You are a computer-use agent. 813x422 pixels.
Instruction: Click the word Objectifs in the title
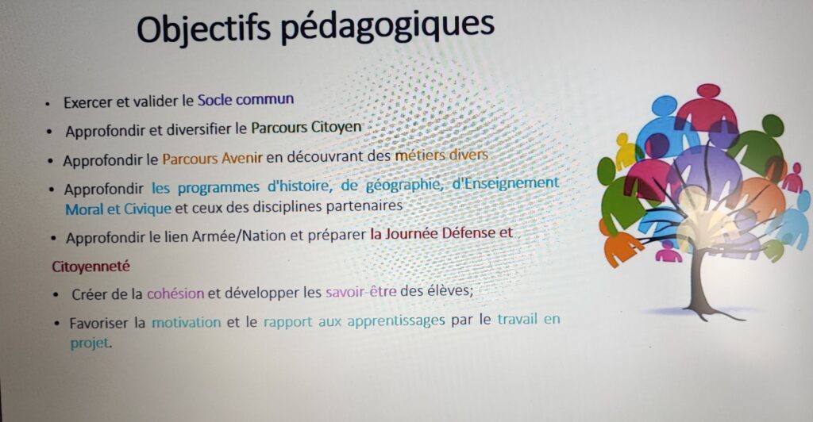204,29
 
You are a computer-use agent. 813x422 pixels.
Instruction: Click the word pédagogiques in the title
387,27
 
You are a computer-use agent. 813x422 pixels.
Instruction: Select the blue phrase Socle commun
246,99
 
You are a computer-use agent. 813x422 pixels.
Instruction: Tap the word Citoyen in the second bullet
336,128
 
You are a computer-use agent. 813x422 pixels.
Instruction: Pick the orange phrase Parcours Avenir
213,158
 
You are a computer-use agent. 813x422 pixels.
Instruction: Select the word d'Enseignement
506,182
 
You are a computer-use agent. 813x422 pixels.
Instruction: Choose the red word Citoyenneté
91,267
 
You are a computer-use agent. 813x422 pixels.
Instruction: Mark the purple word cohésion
175,293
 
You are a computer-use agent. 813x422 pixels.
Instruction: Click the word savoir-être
361,292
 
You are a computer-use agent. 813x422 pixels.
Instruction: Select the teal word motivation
186,322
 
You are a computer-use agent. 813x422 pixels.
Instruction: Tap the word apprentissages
396,321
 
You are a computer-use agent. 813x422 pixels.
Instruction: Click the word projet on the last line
91,343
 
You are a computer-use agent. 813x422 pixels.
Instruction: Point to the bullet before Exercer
47,104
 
